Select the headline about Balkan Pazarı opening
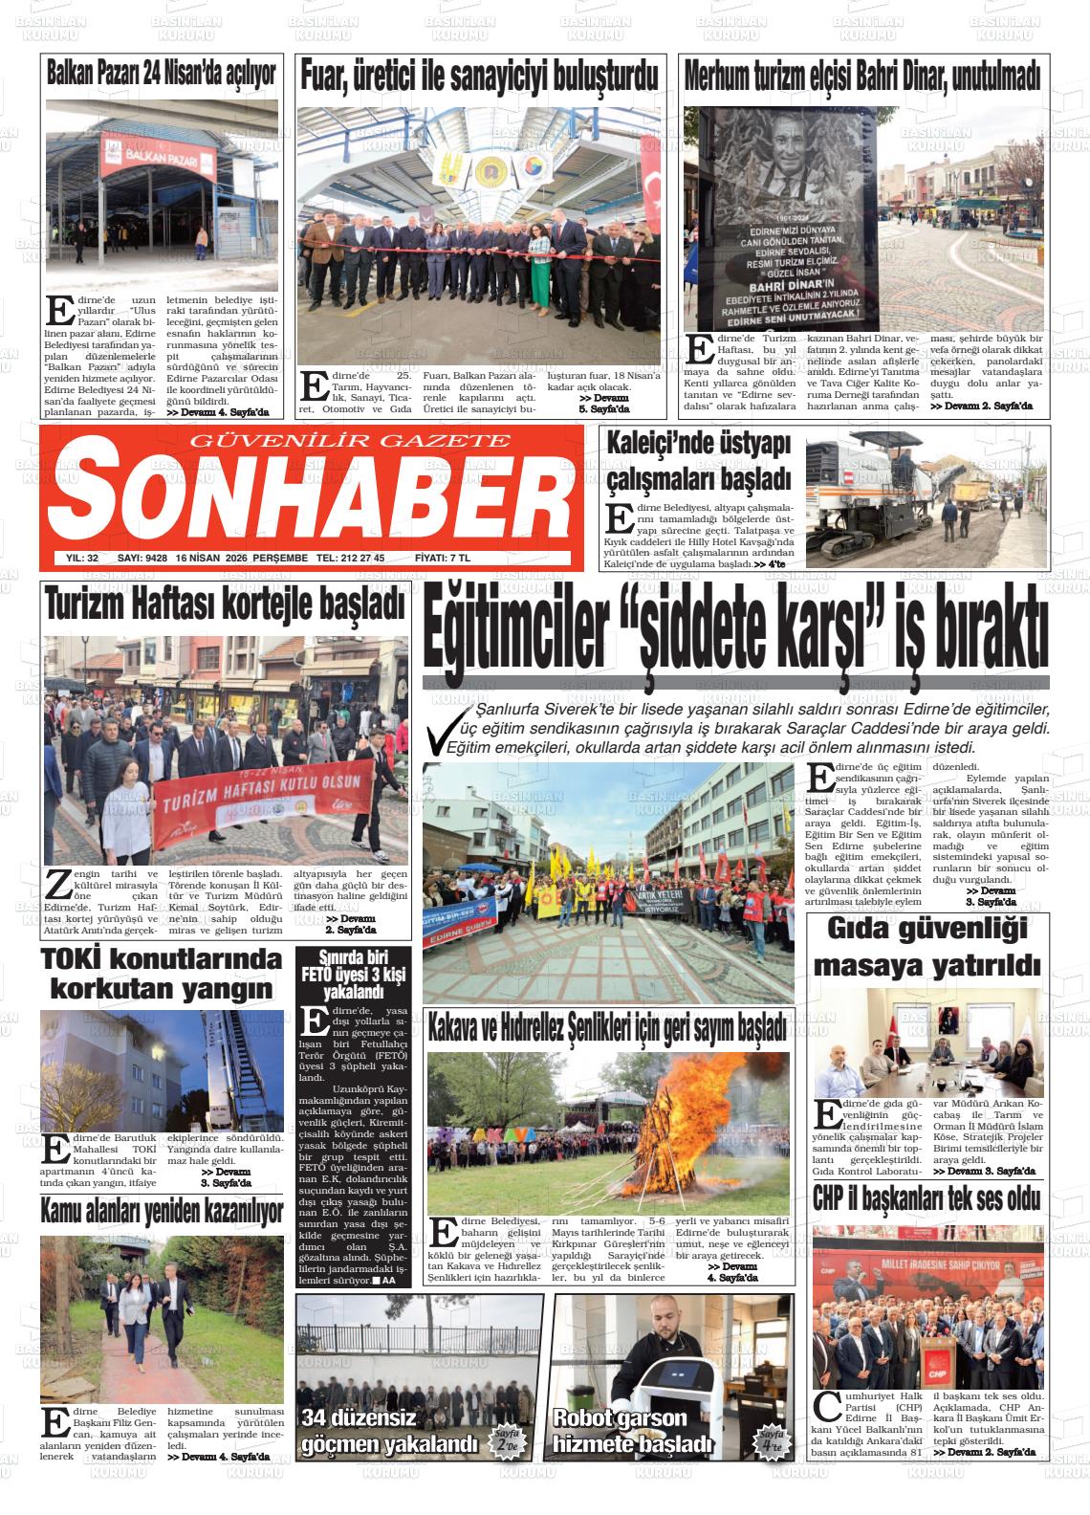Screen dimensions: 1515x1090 click(x=162, y=73)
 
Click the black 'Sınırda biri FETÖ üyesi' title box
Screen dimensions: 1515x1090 click(x=353, y=974)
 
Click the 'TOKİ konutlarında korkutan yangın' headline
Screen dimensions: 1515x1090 click(x=162, y=974)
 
